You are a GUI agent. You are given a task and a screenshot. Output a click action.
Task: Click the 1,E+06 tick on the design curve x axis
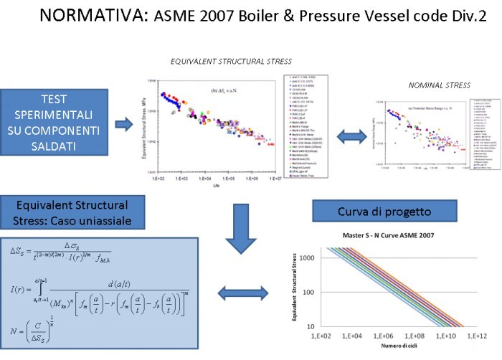pos(388,336)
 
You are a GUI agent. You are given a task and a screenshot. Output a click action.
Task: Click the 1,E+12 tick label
pos(478,336)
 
